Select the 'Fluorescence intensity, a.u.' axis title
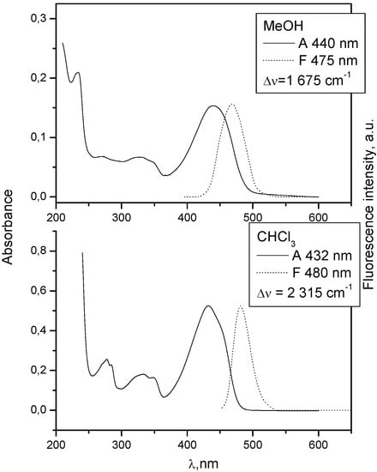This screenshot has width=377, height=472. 367,232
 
